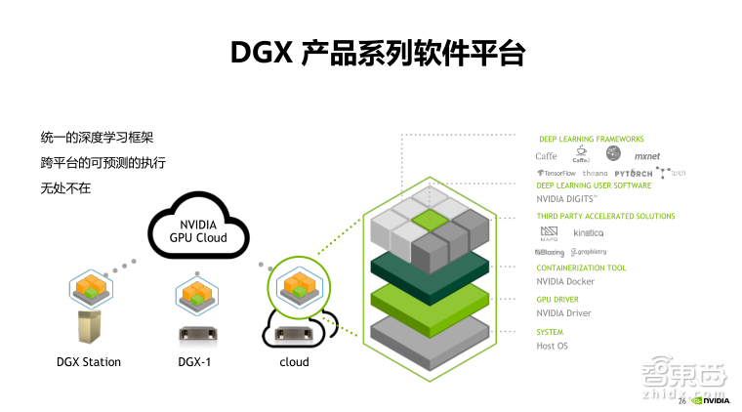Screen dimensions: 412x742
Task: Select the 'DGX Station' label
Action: (89, 362)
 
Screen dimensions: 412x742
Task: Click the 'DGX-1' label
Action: (192, 362)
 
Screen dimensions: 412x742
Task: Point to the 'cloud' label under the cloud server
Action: (294, 362)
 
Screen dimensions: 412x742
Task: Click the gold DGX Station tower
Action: (89, 326)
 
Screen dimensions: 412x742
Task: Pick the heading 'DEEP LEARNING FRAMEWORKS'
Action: (592, 140)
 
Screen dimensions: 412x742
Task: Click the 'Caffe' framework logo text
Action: (547, 156)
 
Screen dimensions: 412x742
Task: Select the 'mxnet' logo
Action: (647, 156)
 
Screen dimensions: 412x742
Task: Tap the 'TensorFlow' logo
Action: (556, 173)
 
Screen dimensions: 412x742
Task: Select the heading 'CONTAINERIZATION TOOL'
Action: (582, 268)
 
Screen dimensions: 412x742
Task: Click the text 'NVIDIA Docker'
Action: (566, 282)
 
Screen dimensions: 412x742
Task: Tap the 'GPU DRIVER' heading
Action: (557, 300)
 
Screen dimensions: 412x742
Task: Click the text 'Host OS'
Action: (553, 346)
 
